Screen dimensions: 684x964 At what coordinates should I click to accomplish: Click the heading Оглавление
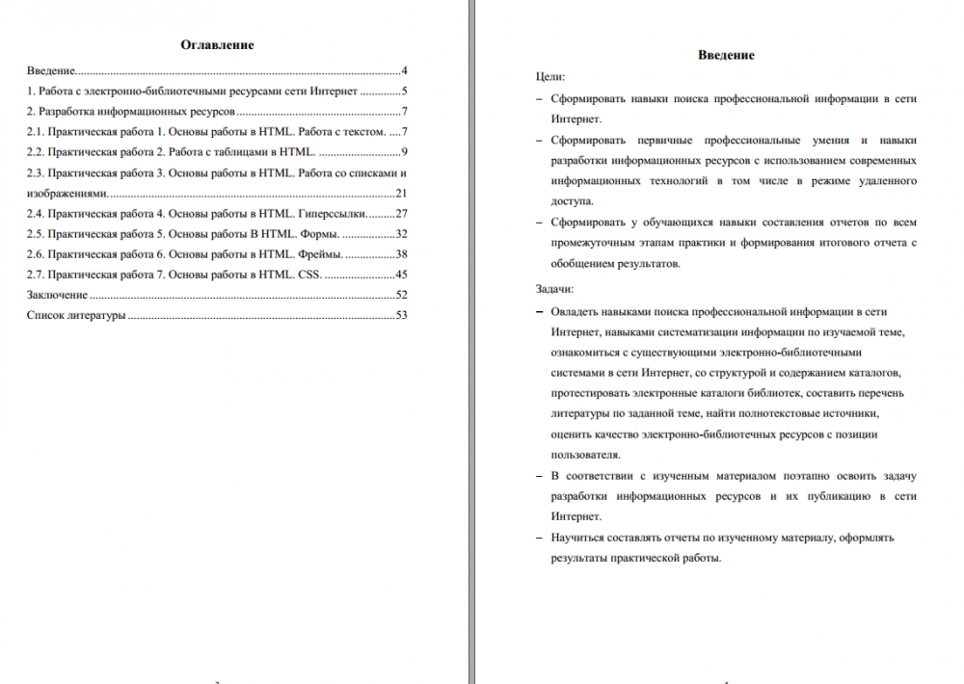coord(217,45)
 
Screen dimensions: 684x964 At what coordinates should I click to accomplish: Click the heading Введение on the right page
coord(726,55)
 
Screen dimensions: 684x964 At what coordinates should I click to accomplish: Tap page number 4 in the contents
coord(405,71)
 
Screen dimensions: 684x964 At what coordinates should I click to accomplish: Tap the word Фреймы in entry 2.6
coord(319,254)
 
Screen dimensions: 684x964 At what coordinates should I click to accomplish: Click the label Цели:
coord(550,76)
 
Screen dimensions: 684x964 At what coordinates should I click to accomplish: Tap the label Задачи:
coord(554,288)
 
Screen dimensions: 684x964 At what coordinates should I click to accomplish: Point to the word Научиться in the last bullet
coord(579,537)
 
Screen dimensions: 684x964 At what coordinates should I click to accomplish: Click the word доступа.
coord(573,201)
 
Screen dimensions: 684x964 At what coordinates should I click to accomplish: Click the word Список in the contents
coord(45,315)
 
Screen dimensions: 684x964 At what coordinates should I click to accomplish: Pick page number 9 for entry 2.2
coord(405,152)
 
